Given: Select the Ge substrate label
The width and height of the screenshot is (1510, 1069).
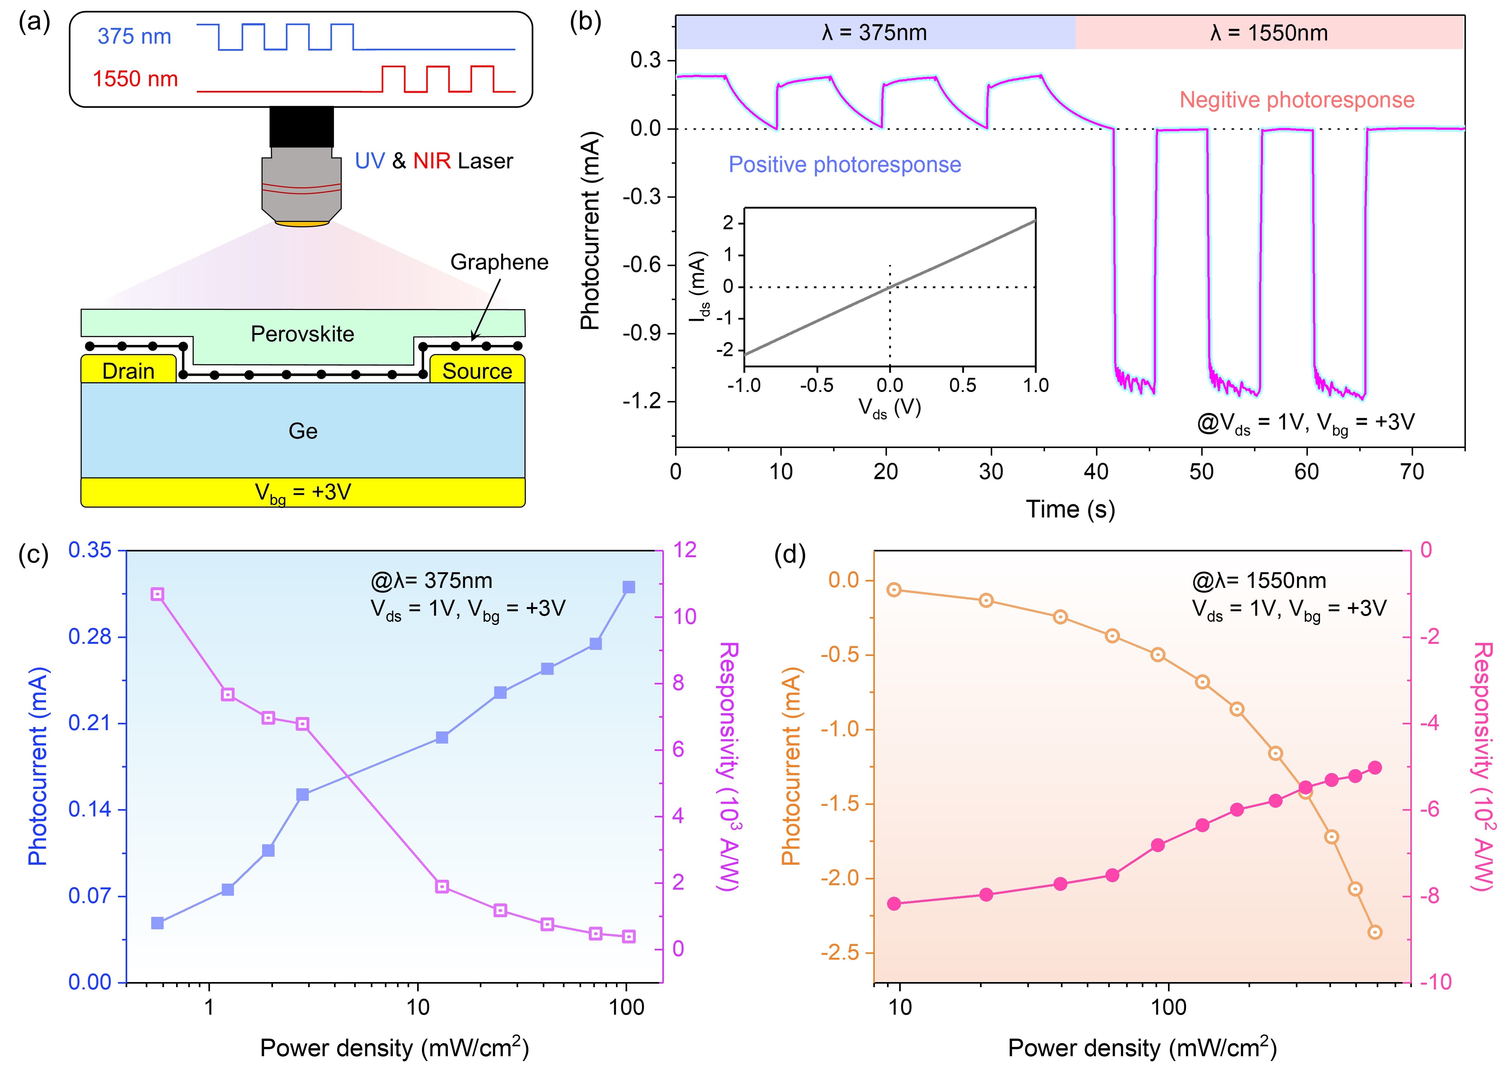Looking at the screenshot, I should point(303,431).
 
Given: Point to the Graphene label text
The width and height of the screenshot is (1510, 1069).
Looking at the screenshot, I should point(499,262).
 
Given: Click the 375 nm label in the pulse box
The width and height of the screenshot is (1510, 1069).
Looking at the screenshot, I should point(134,36).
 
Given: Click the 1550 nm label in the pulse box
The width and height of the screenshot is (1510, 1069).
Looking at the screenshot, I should point(135,79).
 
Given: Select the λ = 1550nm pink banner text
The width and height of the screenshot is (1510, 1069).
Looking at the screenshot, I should point(1268,33).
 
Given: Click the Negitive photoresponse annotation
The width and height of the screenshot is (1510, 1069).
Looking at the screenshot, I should point(1297,100).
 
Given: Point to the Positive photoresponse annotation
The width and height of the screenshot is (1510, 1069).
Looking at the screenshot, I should point(845,165).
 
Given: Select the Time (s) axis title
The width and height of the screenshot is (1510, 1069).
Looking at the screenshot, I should point(1070,509).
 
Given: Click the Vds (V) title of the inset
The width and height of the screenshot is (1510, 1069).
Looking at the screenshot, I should point(889,409).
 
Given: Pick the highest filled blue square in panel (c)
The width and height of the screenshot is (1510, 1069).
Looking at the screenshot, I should point(629,587).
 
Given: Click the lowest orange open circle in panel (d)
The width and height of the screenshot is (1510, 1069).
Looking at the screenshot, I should point(1374,932).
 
